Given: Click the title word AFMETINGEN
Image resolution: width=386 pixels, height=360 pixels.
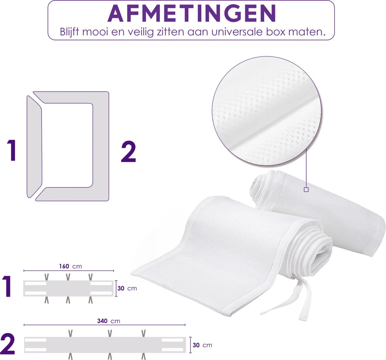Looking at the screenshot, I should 191,14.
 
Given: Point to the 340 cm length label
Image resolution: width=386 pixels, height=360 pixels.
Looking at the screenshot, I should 108,321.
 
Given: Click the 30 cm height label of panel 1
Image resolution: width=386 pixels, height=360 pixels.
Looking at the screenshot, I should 127,288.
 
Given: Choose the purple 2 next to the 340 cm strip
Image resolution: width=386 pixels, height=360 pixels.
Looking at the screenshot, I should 8,345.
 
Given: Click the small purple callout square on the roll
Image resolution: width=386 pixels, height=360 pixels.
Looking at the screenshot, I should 306,190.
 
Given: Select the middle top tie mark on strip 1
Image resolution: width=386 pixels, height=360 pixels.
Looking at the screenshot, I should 68,276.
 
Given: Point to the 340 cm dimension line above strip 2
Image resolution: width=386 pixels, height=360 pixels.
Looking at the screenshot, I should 105,326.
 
